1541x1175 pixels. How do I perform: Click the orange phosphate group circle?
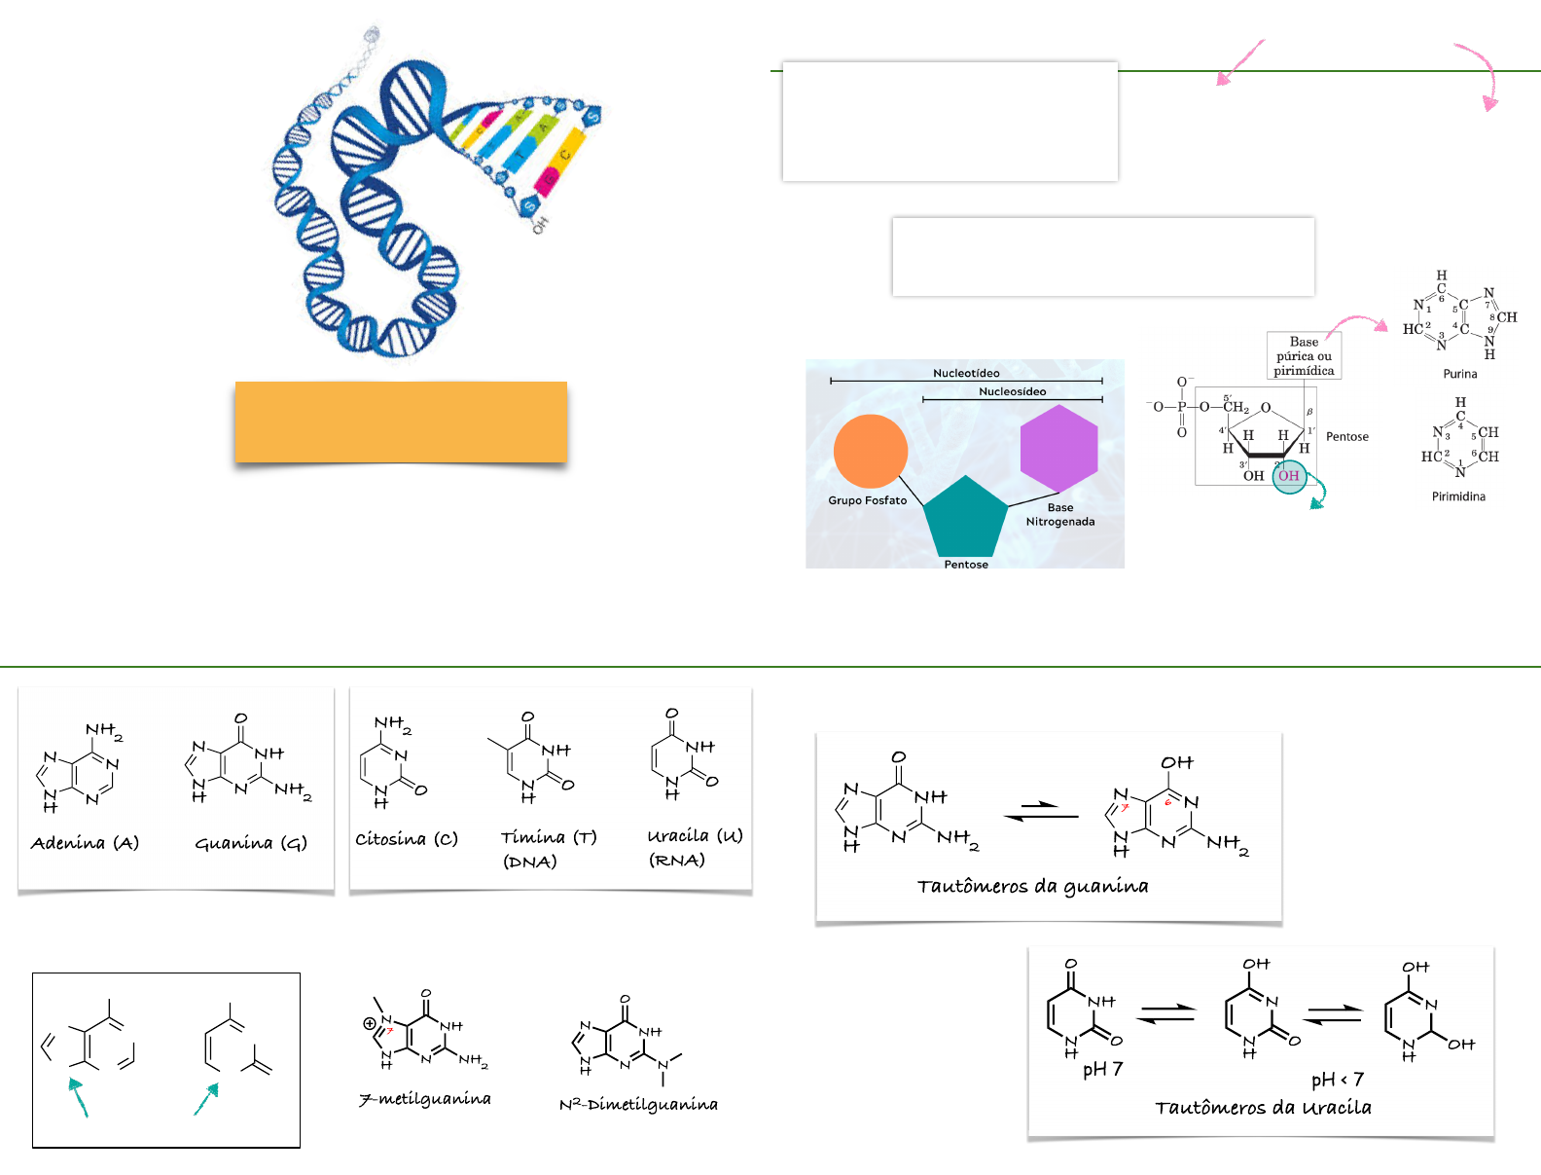pyautogui.click(x=871, y=451)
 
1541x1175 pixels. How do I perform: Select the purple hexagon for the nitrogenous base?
pyautogui.click(x=1058, y=449)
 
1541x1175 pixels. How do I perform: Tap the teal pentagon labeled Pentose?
pyautogui.click(x=964, y=518)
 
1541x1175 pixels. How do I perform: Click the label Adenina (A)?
pyautogui.click(x=85, y=843)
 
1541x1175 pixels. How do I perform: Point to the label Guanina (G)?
pyautogui.click(x=251, y=843)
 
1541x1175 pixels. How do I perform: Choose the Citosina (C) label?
pyautogui.click(x=407, y=839)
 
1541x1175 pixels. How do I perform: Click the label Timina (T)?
pyautogui.click(x=549, y=837)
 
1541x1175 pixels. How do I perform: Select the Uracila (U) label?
pyautogui.click(x=695, y=835)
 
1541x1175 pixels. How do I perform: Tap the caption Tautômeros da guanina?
pyautogui.click(x=1032, y=886)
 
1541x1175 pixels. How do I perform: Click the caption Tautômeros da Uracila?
pyautogui.click(x=1263, y=1107)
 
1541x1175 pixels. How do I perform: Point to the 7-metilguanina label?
pyautogui.click(x=425, y=1099)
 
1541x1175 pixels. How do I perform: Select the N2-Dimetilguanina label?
pyautogui.click(x=638, y=1104)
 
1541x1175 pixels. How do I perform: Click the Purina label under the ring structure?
pyautogui.click(x=1459, y=374)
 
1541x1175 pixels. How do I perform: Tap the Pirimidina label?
pyautogui.click(x=1458, y=496)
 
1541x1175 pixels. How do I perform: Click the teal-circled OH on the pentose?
pyautogui.click(x=1289, y=476)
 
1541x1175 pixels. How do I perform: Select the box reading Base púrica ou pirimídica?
pyautogui.click(x=1304, y=356)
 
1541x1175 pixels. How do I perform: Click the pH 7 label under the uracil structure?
pyautogui.click(x=1103, y=1069)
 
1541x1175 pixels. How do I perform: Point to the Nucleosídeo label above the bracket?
pyautogui.click(x=1012, y=391)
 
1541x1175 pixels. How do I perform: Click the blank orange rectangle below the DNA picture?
pyautogui.click(x=401, y=422)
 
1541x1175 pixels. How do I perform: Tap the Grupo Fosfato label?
pyautogui.click(x=867, y=500)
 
